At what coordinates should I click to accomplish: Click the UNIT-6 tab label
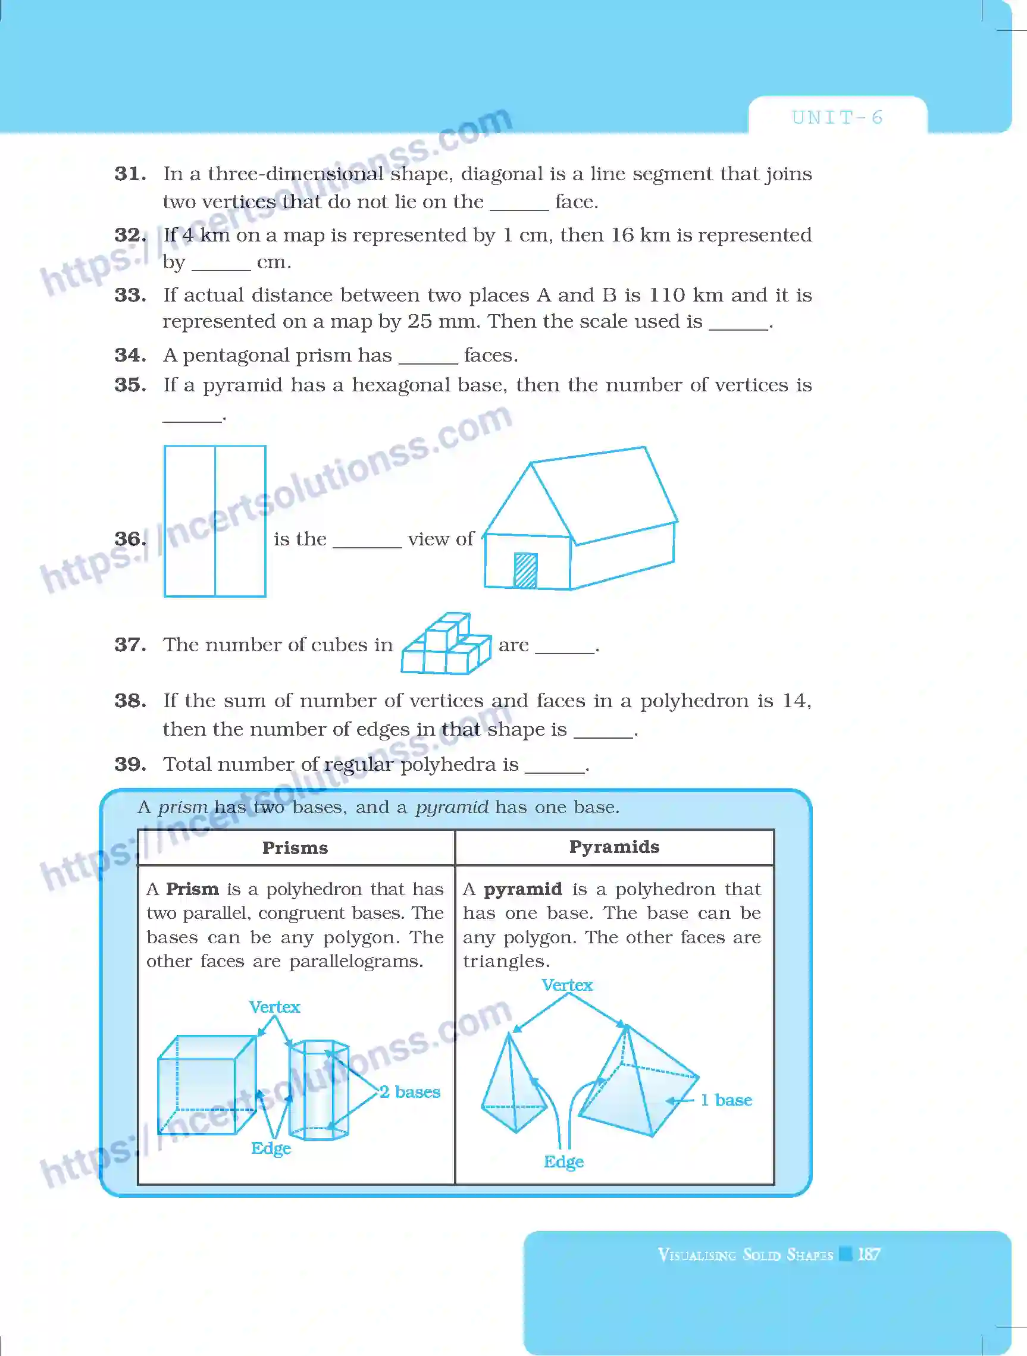(837, 117)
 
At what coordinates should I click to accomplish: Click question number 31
(130, 174)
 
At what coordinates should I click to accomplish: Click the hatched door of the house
(525, 570)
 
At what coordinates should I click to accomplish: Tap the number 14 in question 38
(795, 701)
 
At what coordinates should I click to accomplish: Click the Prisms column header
(295, 848)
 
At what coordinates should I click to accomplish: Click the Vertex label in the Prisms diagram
(274, 1006)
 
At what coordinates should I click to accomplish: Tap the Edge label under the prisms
(270, 1148)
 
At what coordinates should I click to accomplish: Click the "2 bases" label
(409, 1092)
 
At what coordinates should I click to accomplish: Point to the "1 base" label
(726, 1100)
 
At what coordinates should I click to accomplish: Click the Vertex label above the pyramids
(566, 985)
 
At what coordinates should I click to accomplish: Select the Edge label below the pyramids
(563, 1161)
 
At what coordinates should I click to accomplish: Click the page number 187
(869, 1254)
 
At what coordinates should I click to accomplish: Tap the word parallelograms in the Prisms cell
(356, 961)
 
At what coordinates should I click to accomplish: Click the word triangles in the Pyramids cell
(506, 961)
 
